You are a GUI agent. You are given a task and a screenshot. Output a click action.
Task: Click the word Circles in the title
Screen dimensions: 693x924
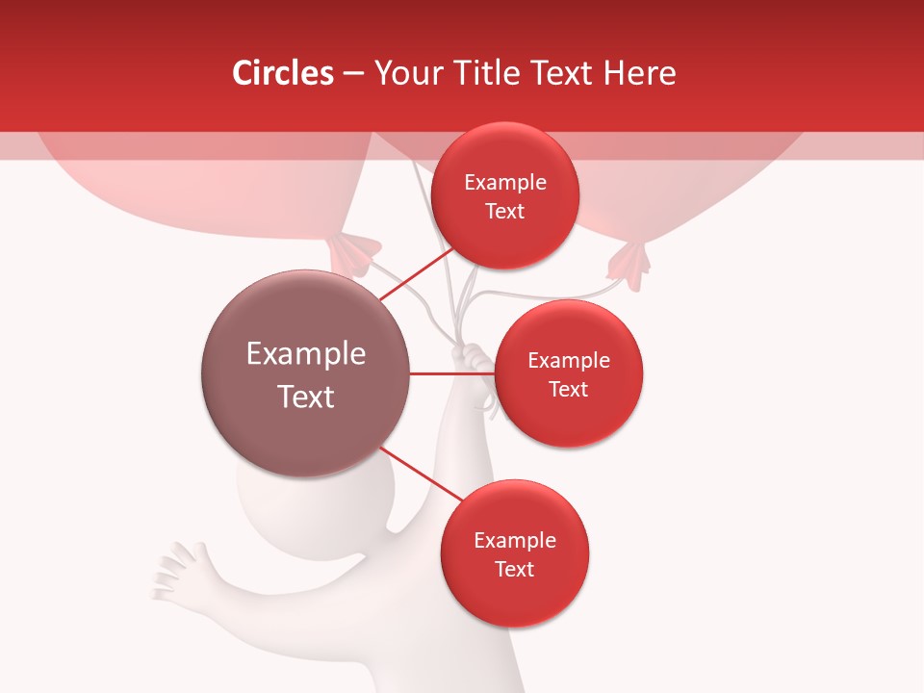(x=282, y=73)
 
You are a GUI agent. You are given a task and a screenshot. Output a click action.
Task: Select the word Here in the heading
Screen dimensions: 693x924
(x=640, y=73)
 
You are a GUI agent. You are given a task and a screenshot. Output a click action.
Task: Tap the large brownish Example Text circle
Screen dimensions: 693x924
(x=306, y=373)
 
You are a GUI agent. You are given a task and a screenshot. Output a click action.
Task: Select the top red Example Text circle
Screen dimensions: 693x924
(x=505, y=195)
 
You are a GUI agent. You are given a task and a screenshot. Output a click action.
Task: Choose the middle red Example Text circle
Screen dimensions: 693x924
(x=569, y=373)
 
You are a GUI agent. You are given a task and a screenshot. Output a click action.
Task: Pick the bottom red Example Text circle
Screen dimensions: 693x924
(x=514, y=553)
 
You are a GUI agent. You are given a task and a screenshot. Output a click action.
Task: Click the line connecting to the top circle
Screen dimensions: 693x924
(x=416, y=274)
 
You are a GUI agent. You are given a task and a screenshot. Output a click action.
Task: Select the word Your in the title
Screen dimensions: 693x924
(x=404, y=73)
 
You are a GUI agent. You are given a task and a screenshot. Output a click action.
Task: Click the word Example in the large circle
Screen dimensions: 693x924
(x=306, y=354)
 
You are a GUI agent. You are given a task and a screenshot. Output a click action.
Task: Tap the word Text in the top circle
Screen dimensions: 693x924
(x=505, y=211)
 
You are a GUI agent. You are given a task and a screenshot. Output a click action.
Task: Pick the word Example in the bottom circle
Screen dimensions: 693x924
(x=514, y=540)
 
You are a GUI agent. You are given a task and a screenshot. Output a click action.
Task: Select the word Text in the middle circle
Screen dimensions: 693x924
(x=569, y=389)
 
